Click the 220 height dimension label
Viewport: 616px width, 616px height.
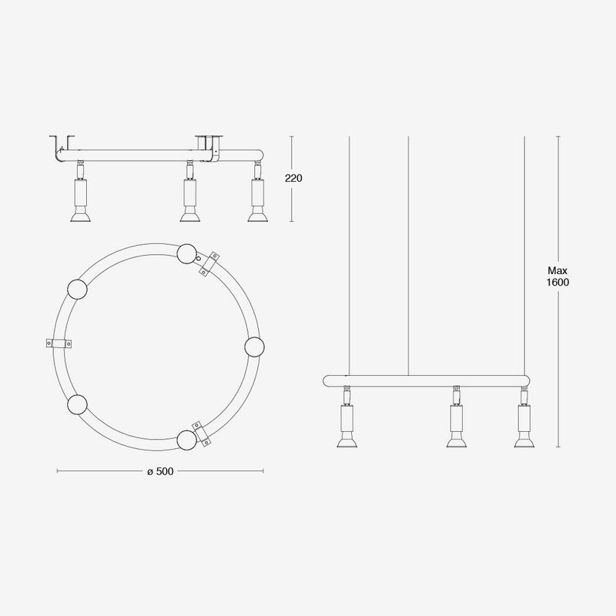coord(293,179)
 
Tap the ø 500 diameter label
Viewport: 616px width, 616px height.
coord(160,471)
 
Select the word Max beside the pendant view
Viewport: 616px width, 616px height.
coord(557,271)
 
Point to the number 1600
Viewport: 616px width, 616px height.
coord(557,283)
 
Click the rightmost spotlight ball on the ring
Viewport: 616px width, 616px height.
coord(254,347)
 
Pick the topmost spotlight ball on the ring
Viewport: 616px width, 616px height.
coord(186,254)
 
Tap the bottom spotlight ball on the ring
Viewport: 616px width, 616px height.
coord(186,440)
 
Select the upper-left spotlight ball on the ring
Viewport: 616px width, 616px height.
coord(77,290)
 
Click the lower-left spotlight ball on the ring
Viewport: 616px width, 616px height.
coord(77,404)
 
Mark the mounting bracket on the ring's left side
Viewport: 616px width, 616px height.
coord(59,343)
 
